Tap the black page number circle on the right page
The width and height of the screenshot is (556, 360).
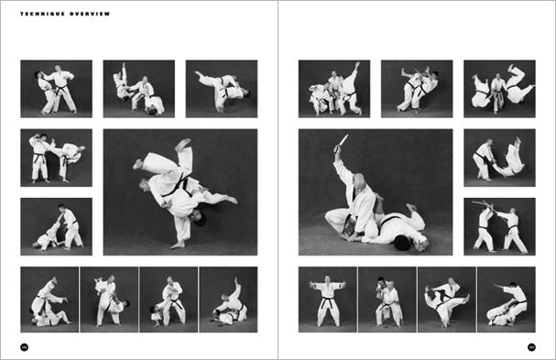click(x=531, y=346)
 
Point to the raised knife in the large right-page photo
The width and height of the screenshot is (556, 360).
click(x=343, y=143)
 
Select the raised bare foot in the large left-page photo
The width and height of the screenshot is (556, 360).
click(x=183, y=145)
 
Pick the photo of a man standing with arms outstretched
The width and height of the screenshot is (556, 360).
click(x=327, y=300)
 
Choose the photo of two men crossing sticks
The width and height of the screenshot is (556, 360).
click(x=498, y=226)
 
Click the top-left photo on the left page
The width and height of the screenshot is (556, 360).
click(x=56, y=89)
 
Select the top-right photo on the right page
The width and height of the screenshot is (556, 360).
click(x=498, y=89)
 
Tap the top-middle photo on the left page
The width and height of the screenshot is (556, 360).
click(x=138, y=89)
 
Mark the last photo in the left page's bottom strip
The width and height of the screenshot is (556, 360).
click(x=228, y=300)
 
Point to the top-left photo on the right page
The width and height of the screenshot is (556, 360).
click(x=333, y=89)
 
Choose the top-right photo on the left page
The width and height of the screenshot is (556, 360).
click(x=221, y=89)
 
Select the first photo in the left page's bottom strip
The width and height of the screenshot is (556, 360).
click(x=49, y=300)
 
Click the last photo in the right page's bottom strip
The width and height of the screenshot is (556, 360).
click(x=506, y=300)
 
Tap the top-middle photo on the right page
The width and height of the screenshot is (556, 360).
click(x=416, y=89)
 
